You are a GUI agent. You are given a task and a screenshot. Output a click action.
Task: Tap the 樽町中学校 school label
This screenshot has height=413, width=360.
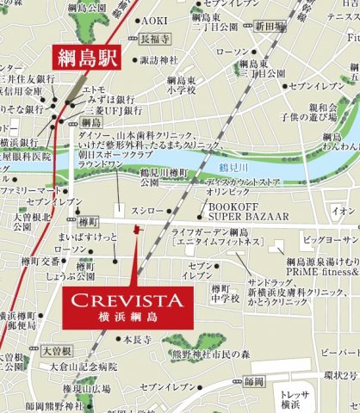pyautogui.click(x=225, y=292)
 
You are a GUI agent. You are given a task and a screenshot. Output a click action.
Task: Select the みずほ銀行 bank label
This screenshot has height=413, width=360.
pyautogui.click(x=102, y=99)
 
